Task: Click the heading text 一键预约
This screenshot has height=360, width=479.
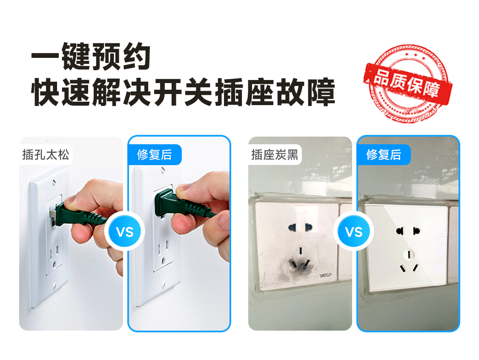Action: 91,56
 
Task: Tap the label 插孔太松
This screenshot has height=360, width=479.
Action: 46,154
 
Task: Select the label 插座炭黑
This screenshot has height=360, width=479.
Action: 275,154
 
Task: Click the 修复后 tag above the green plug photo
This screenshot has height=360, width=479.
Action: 155,154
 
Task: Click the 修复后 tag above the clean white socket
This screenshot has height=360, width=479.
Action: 384,154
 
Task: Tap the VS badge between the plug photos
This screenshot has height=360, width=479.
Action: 125,232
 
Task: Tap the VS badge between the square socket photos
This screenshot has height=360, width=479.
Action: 354,232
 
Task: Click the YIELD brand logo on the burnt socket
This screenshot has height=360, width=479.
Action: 325,275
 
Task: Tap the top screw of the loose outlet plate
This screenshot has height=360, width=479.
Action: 54,183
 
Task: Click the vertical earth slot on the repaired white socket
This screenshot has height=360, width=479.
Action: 409,254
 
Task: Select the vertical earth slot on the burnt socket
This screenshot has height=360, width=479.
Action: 301,251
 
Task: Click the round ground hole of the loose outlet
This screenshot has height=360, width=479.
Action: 54,264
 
